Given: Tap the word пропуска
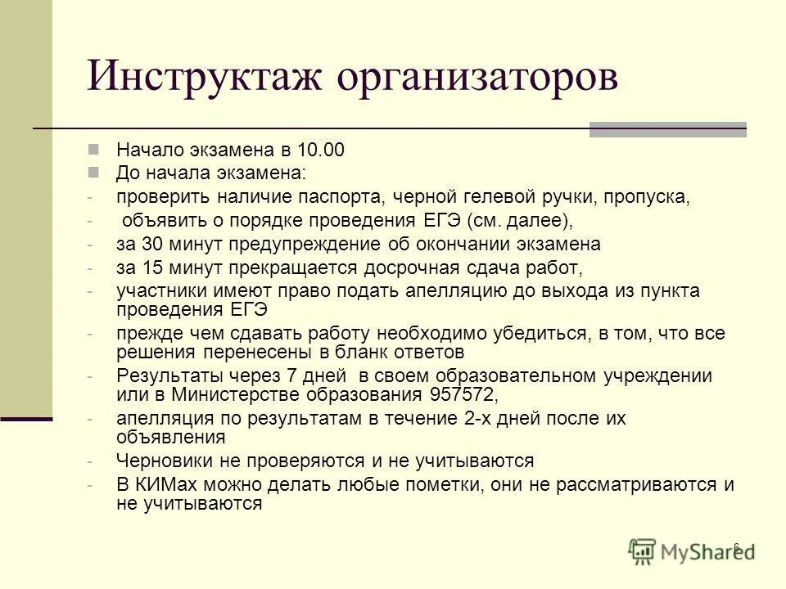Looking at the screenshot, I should pyautogui.click(x=644, y=197).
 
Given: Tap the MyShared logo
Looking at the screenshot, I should pyautogui.click(x=690, y=551).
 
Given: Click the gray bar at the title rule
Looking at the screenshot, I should pyautogui.click(x=667, y=128).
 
